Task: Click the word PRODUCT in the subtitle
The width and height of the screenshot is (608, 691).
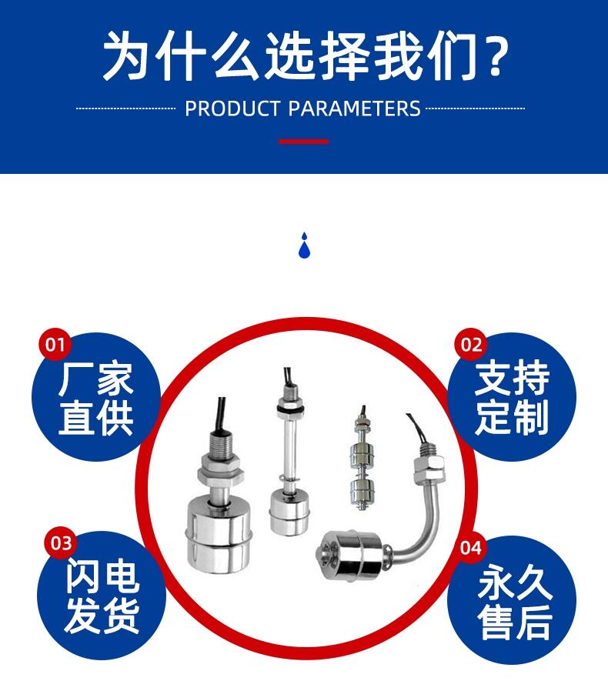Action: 232,108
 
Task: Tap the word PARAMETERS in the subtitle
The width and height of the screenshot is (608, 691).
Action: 355,108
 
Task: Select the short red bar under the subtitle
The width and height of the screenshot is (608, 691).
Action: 304,142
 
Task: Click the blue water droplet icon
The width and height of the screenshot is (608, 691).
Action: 304,245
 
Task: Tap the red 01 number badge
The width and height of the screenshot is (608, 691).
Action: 55,344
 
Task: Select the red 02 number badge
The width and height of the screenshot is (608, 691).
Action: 471,344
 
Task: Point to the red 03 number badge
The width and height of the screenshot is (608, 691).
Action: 60,543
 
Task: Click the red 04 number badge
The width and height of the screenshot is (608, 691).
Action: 471,548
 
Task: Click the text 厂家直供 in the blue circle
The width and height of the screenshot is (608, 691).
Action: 95,399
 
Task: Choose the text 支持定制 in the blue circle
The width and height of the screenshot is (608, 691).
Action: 512,397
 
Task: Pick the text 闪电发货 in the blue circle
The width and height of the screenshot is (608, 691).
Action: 102,596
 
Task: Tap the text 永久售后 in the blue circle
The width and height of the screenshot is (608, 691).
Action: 515,602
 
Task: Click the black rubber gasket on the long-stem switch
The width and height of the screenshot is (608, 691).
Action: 288,410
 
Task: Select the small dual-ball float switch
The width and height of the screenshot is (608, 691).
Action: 362,459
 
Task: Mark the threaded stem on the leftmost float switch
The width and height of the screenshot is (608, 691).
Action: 220,446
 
